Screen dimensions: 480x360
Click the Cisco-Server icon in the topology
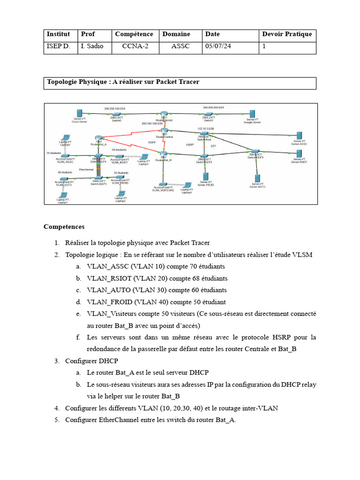pos(79,113)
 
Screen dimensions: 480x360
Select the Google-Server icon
pos(252,114)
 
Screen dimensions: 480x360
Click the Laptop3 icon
pos(143,157)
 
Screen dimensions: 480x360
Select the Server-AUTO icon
pos(257,179)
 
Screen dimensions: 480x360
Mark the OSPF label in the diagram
pos(152,142)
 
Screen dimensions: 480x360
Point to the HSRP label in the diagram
pos(190,145)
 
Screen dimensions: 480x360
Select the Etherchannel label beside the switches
pos(86,169)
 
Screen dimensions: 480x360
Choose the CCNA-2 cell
pos(135,46)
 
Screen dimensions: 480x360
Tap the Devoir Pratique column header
pos(287,34)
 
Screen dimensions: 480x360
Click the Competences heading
pos(64,227)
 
